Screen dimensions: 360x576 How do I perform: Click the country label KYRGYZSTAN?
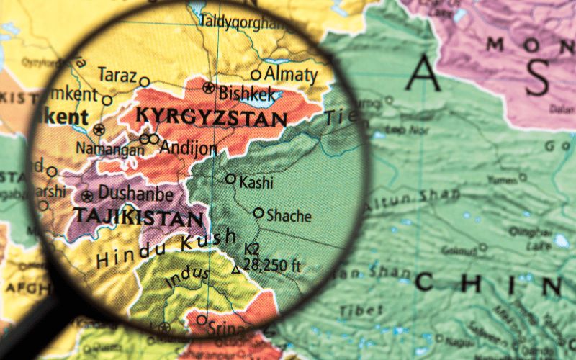pos(211,117)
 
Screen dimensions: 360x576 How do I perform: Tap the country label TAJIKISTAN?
pos(137,218)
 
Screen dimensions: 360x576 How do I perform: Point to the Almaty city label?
pos(291,73)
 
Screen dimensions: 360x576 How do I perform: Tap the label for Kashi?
pos(256,182)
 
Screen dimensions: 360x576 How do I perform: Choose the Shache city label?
pos(289,215)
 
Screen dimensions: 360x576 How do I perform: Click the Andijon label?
pos(188,148)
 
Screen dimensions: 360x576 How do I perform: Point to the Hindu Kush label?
pos(166,248)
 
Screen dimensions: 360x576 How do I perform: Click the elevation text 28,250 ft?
pos(271,265)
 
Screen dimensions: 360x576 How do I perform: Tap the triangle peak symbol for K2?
pos(235,270)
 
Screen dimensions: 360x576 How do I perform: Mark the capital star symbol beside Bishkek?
pos(209,88)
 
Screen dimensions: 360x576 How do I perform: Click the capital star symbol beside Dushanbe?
pos(88,196)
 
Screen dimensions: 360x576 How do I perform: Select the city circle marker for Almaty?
pos(256,74)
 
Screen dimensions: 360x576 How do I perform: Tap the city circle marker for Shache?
pos(258,213)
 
